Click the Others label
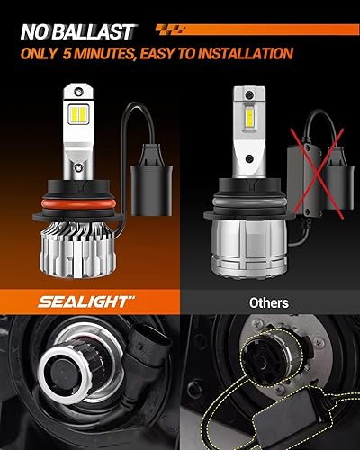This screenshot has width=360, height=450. click(269, 303)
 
